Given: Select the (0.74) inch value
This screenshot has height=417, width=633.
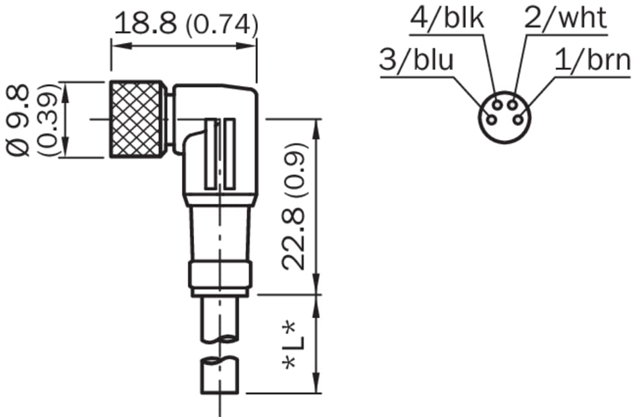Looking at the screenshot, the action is [x=221, y=25].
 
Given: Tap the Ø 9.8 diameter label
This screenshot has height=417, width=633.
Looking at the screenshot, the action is [x=18, y=120].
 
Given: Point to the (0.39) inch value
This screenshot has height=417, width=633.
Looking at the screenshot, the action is [x=47, y=120].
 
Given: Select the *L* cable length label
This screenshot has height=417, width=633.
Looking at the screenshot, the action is [x=294, y=345].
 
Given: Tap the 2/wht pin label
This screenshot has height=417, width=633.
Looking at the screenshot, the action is [x=565, y=18].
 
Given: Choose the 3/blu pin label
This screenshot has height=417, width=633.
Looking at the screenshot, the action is [x=417, y=60].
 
